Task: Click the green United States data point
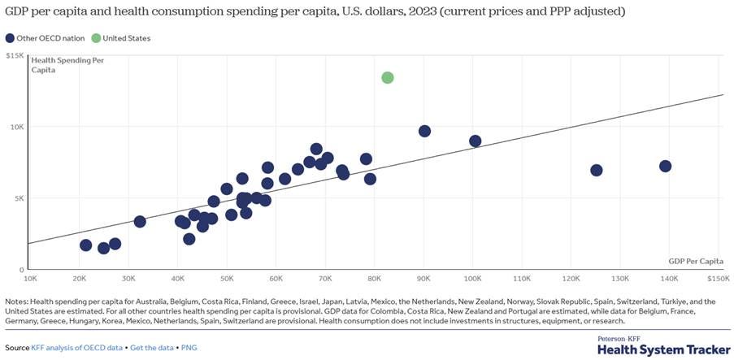(388, 77)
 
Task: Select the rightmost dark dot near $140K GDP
(665, 166)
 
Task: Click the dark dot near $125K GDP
(597, 170)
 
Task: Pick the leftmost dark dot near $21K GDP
(86, 245)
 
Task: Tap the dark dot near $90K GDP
(424, 131)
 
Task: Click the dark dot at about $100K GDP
(476, 141)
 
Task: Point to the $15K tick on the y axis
(15, 55)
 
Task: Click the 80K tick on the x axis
(374, 279)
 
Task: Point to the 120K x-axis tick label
(571, 279)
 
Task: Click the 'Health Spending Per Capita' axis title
(67, 65)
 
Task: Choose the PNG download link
(189, 348)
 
